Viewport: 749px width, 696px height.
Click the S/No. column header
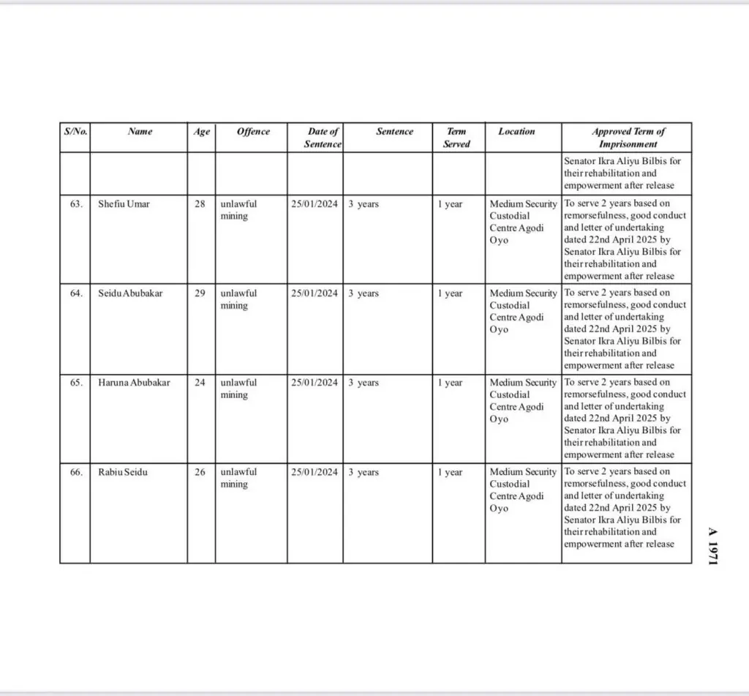coord(75,132)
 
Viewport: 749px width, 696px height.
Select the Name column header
coord(140,132)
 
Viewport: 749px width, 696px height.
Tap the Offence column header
coord(253,132)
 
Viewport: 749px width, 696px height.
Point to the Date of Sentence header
coord(323,138)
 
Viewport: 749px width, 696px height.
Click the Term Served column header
coord(456,138)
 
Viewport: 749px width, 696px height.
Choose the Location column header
coord(516,132)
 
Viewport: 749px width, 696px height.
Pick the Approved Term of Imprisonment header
coord(628,138)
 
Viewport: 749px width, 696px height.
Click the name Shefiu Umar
coord(124,204)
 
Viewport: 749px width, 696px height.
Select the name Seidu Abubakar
coord(131,293)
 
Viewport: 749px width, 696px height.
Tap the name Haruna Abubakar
coord(134,383)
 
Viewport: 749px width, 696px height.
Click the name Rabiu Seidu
coord(123,472)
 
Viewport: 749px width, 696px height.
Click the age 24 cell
coord(200,383)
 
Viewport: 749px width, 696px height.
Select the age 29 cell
coord(200,293)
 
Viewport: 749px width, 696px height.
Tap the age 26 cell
coord(200,472)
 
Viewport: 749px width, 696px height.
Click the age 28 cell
coord(200,204)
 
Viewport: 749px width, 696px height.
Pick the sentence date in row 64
coord(315,293)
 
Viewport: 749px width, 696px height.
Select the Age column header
coord(201,132)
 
